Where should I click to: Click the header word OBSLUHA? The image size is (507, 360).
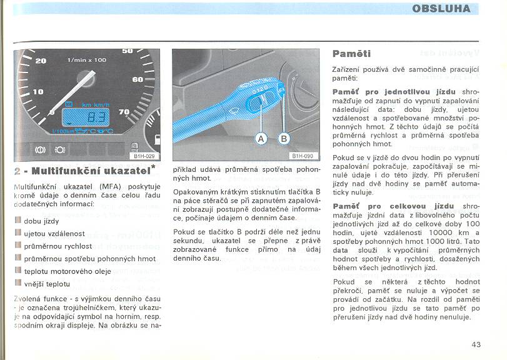tap(441, 9)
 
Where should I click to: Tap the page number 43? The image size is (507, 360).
tap(477, 343)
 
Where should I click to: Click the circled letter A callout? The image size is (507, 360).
tap(261, 138)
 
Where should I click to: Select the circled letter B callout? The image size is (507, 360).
tap(284, 138)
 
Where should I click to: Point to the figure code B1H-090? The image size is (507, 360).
tap(303, 156)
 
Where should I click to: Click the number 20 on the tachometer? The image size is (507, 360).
tap(41, 61)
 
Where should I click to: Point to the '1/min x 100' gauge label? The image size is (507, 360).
tap(86, 60)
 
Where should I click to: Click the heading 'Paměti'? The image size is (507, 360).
tap(351, 54)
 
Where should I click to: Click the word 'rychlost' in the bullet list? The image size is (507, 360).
tap(78, 246)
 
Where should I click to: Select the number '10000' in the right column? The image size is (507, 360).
tap(424, 232)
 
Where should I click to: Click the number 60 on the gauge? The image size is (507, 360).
tap(137, 79)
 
